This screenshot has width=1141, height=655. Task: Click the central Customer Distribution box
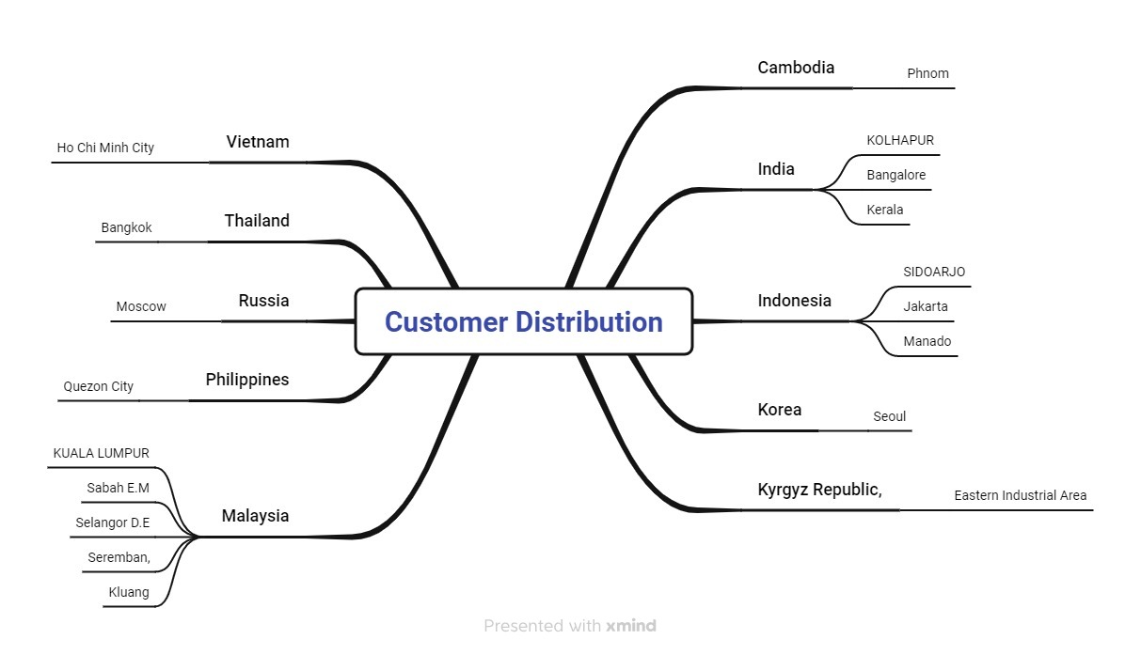click(524, 321)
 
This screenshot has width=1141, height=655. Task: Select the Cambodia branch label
click(796, 68)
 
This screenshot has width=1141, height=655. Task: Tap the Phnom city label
click(927, 73)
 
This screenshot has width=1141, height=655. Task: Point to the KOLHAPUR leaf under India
click(900, 140)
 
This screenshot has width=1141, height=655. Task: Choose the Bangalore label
click(896, 175)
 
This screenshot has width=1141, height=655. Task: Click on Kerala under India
click(885, 210)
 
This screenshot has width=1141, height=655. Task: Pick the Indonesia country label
click(794, 301)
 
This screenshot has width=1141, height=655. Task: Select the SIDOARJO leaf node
click(934, 272)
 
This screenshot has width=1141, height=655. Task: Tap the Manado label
click(927, 341)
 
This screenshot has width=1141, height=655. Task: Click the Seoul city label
click(889, 416)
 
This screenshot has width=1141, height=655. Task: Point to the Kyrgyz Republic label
click(819, 490)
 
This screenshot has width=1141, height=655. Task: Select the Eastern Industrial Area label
click(1021, 495)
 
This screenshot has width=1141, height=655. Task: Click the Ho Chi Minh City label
click(105, 148)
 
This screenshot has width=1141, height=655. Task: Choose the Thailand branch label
click(257, 220)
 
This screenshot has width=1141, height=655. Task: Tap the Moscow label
click(141, 306)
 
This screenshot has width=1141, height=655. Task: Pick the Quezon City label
click(99, 386)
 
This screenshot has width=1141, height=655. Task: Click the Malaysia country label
click(255, 516)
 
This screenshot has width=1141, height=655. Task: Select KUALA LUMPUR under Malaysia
click(102, 453)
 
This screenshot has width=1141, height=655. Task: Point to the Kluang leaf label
click(129, 592)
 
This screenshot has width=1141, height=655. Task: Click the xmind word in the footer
click(630, 626)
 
